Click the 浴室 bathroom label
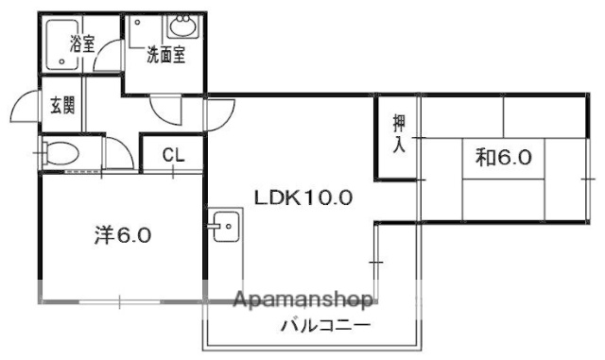[x=82, y=43]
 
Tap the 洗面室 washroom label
[x=165, y=54]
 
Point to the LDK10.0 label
[x=303, y=197]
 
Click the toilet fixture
[x=62, y=154]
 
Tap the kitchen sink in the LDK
[x=224, y=227]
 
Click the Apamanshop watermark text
[x=302, y=302]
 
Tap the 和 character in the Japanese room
[x=485, y=157]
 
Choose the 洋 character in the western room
[x=103, y=233]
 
